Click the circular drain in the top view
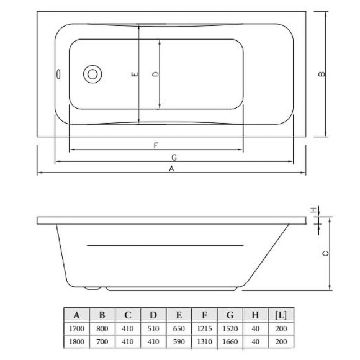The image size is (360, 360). click(93, 74)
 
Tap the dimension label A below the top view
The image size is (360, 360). click(172, 168)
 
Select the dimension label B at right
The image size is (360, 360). click(322, 74)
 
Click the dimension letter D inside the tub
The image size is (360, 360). click(156, 74)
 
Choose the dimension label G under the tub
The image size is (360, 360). click(174, 157)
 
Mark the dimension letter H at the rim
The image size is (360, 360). click(315, 209)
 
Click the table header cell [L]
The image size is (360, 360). click(280, 314)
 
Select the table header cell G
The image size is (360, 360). click(230, 314)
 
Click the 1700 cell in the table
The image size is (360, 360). click(77, 328)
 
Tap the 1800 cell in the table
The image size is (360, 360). click(77, 341)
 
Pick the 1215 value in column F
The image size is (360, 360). click(204, 328)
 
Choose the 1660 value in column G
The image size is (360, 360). click(230, 341)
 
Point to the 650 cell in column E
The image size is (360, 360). click(179, 328)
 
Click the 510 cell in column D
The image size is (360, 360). click(153, 328)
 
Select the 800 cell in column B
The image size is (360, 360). click(102, 328)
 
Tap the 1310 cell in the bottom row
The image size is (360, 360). click(204, 341)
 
